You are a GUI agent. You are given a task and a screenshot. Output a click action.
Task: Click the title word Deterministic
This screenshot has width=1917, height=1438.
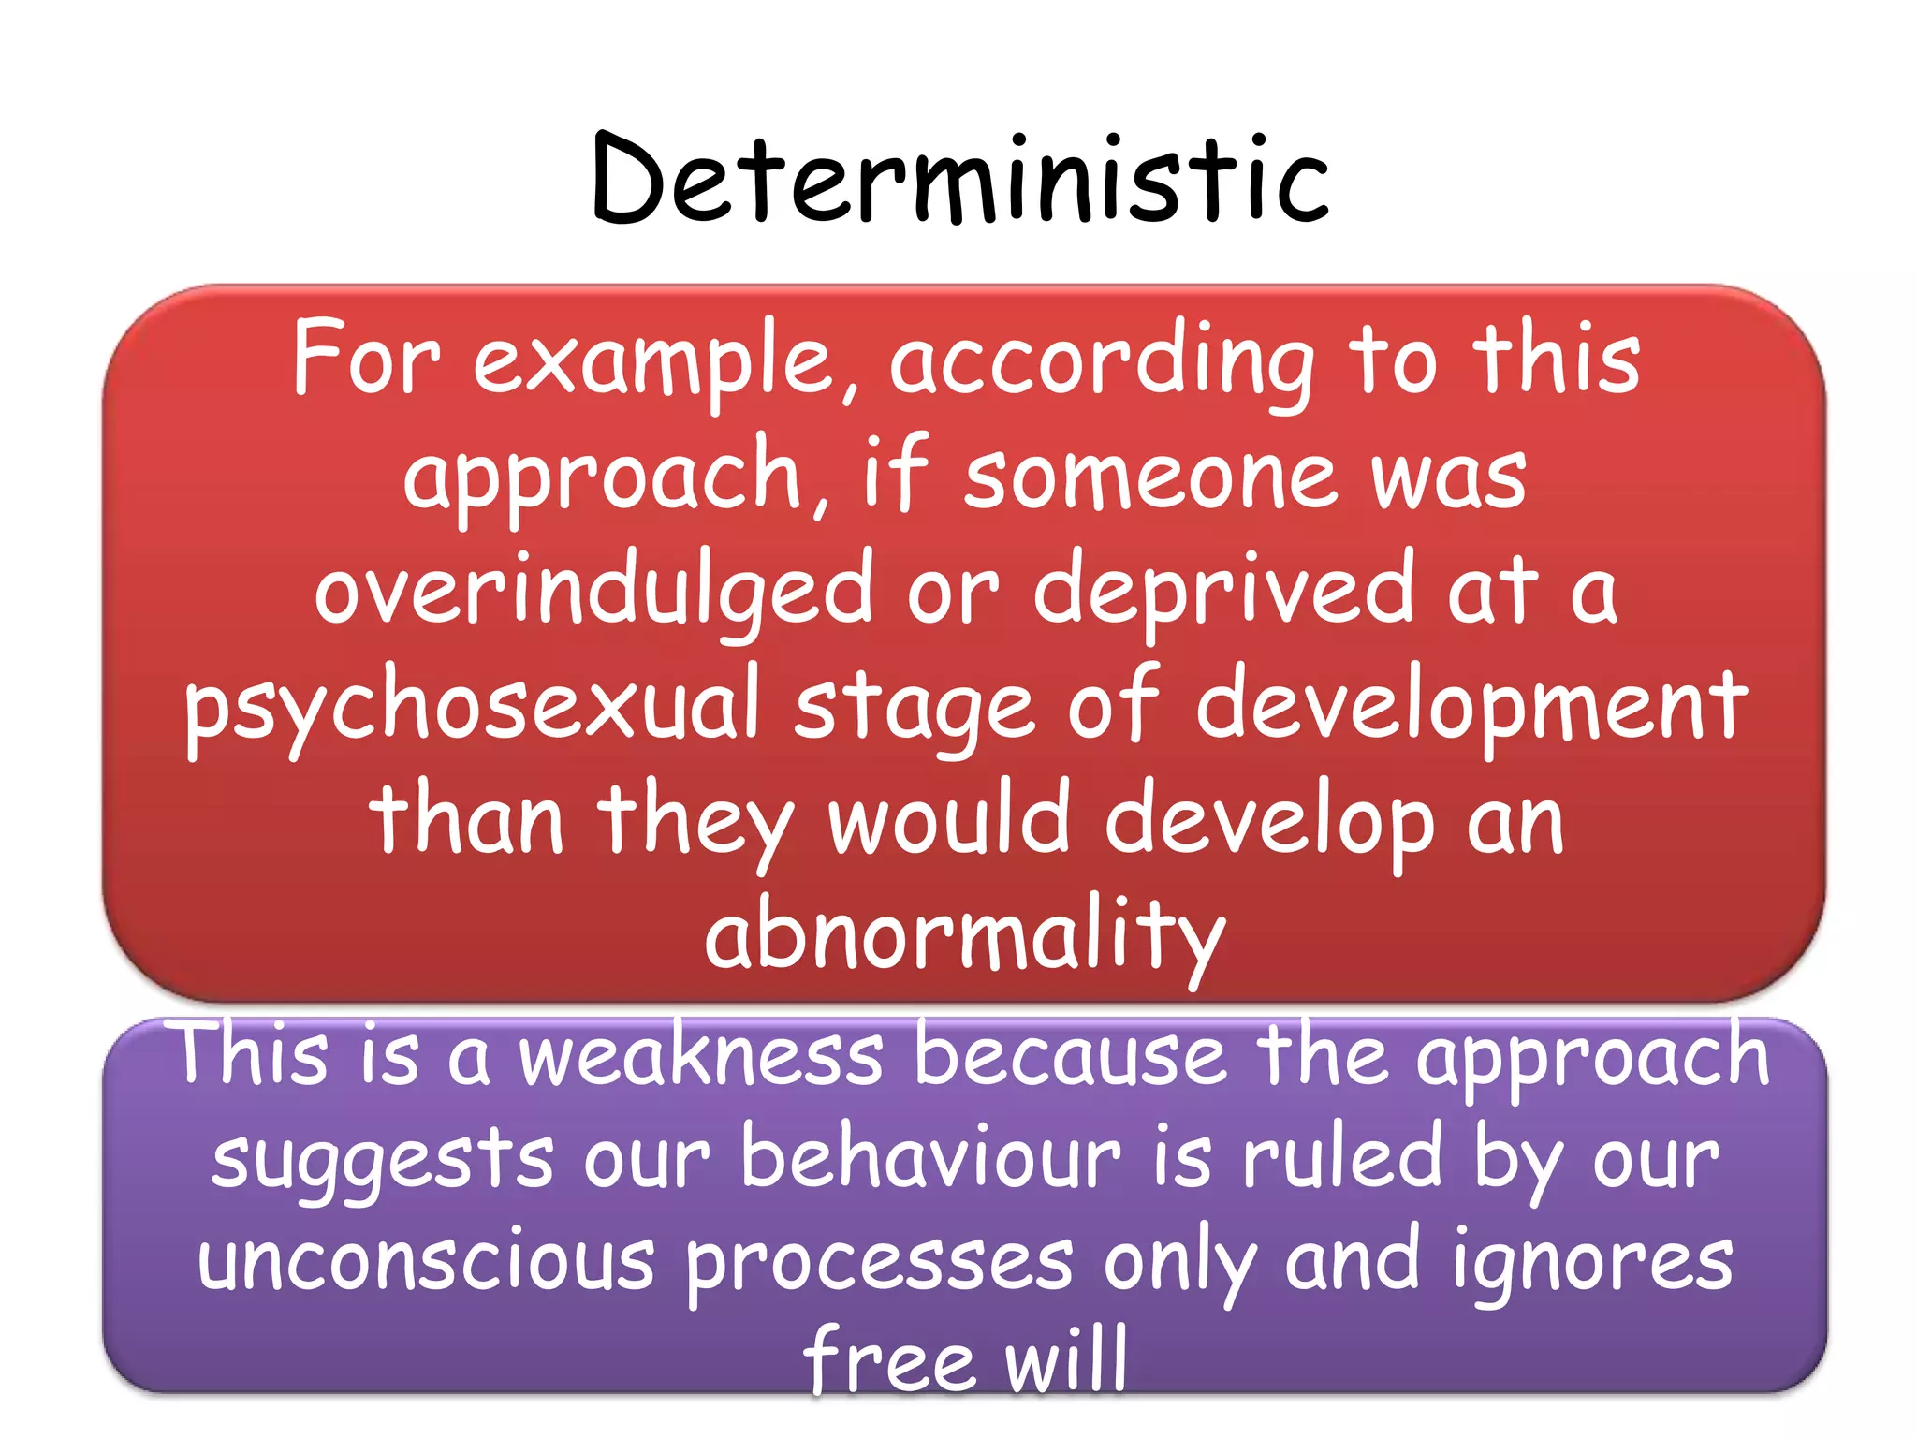[959, 180]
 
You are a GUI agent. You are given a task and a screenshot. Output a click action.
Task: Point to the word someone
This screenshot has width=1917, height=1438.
[1151, 477]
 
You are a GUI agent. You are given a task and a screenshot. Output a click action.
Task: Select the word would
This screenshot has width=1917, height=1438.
[949, 820]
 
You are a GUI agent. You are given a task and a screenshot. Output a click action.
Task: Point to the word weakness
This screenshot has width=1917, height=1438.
[701, 1056]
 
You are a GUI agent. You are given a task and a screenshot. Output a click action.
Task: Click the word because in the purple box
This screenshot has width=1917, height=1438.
[1070, 1056]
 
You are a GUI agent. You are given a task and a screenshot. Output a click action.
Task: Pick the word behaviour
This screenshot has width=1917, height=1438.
[930, 1159]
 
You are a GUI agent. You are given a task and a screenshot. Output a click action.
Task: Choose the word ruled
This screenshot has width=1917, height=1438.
[1342, 1159]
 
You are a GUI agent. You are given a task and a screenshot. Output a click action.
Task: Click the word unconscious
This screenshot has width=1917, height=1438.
[426, 1262]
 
